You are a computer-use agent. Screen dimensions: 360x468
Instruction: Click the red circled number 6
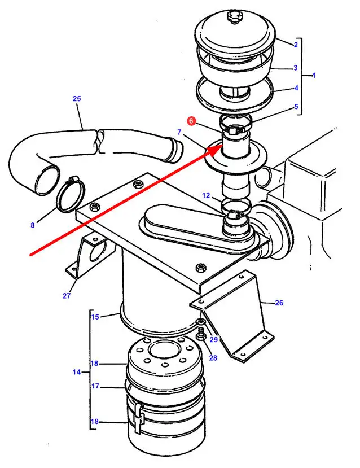coord(191,121)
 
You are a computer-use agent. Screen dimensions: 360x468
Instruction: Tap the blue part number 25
coord(77,98)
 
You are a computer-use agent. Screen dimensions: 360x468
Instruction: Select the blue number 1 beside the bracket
coord(314,76)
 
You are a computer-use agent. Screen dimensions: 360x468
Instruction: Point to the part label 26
coord(279,303)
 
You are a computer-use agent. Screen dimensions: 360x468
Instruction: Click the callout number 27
coord(67,295)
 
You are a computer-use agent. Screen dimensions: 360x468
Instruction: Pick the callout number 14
coord(77,372)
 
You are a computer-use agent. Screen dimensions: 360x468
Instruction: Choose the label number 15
coord(95,316)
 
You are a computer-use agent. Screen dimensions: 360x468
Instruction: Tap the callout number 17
coord(95,386)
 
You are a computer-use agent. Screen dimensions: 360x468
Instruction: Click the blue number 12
coord(206,195)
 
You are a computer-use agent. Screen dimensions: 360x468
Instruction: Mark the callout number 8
coord(33,225)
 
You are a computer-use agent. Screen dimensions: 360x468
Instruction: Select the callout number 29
coord(214,339)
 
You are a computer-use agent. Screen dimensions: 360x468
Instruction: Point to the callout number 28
coord(213,357)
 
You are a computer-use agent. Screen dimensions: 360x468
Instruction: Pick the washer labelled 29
coord(200,321)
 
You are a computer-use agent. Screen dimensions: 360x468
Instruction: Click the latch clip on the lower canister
coord(139,417)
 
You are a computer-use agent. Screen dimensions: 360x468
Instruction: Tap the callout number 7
coord(179,132)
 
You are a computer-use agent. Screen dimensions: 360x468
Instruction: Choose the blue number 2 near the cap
coord(295,45)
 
